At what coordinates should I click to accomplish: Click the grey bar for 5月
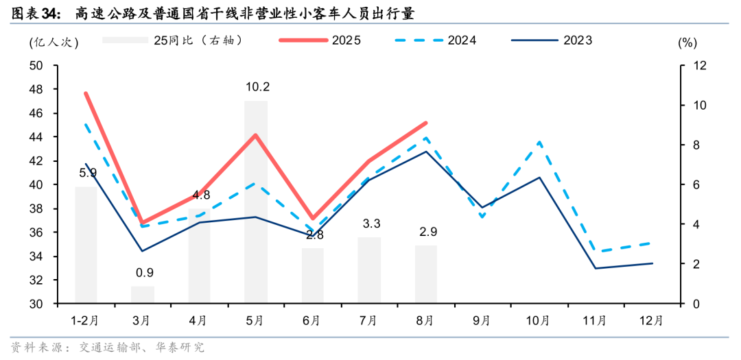click(x=256, y=202)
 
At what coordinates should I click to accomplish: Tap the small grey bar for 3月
click(x=143, y=295)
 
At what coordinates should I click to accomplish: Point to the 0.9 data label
click(x=143, y=273)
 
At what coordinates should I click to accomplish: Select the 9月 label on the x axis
click(x=482, y=320)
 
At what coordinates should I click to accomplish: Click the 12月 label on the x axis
click(x=651, y=320)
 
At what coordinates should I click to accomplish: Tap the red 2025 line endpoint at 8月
click(x=425, y=123)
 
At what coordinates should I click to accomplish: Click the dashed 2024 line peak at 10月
click(x=539, y=142)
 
